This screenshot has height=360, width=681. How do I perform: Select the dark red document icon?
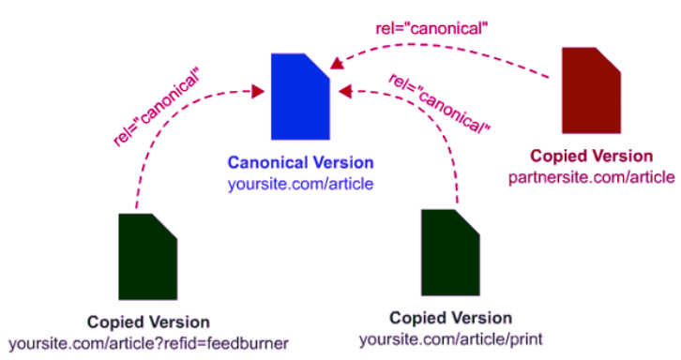pos(591,91)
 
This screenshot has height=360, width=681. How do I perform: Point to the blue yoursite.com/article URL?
pos(299,184)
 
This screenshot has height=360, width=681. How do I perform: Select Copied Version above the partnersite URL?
pos(591,156)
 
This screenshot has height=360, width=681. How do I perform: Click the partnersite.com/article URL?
pos(591,176)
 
